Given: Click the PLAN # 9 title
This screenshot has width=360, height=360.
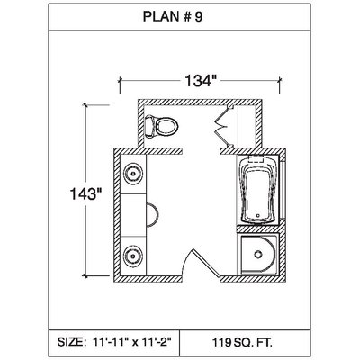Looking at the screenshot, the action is pos(173,16).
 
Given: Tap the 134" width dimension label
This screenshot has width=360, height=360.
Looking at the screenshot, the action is pos(200,81).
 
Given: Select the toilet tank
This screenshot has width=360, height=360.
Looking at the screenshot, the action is pos(149,126).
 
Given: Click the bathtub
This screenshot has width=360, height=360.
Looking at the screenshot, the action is pos(258,190).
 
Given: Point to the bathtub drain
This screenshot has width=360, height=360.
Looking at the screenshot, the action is pos(257,215).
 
